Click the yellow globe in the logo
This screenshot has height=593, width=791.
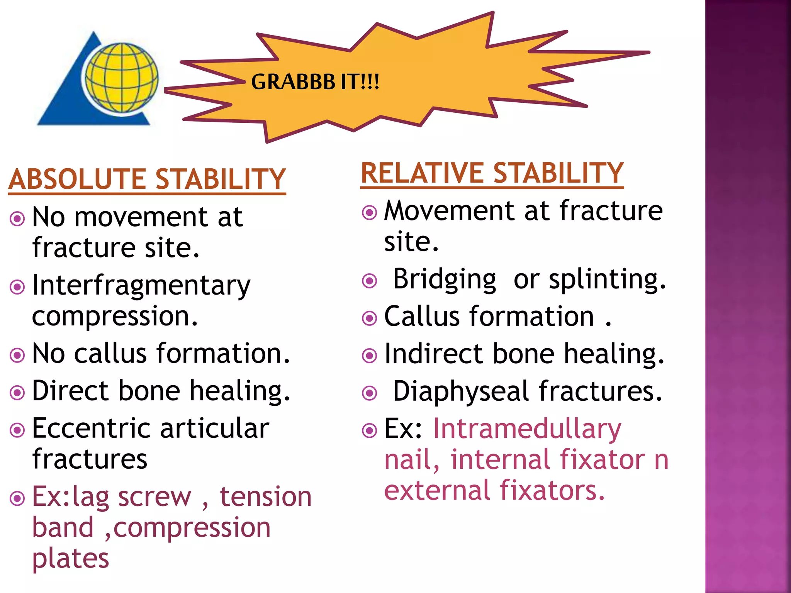121,78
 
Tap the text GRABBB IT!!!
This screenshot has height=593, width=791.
315,82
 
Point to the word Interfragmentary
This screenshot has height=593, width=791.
141,286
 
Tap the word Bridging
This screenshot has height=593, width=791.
444,279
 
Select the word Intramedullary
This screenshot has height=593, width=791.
527,429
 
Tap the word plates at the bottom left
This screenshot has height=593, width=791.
71,558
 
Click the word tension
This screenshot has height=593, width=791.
265,497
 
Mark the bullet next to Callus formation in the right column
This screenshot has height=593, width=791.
370,318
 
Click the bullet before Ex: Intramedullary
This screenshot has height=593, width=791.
370,430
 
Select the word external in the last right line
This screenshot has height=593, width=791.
437,491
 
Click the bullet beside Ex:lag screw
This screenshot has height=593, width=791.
17,498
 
